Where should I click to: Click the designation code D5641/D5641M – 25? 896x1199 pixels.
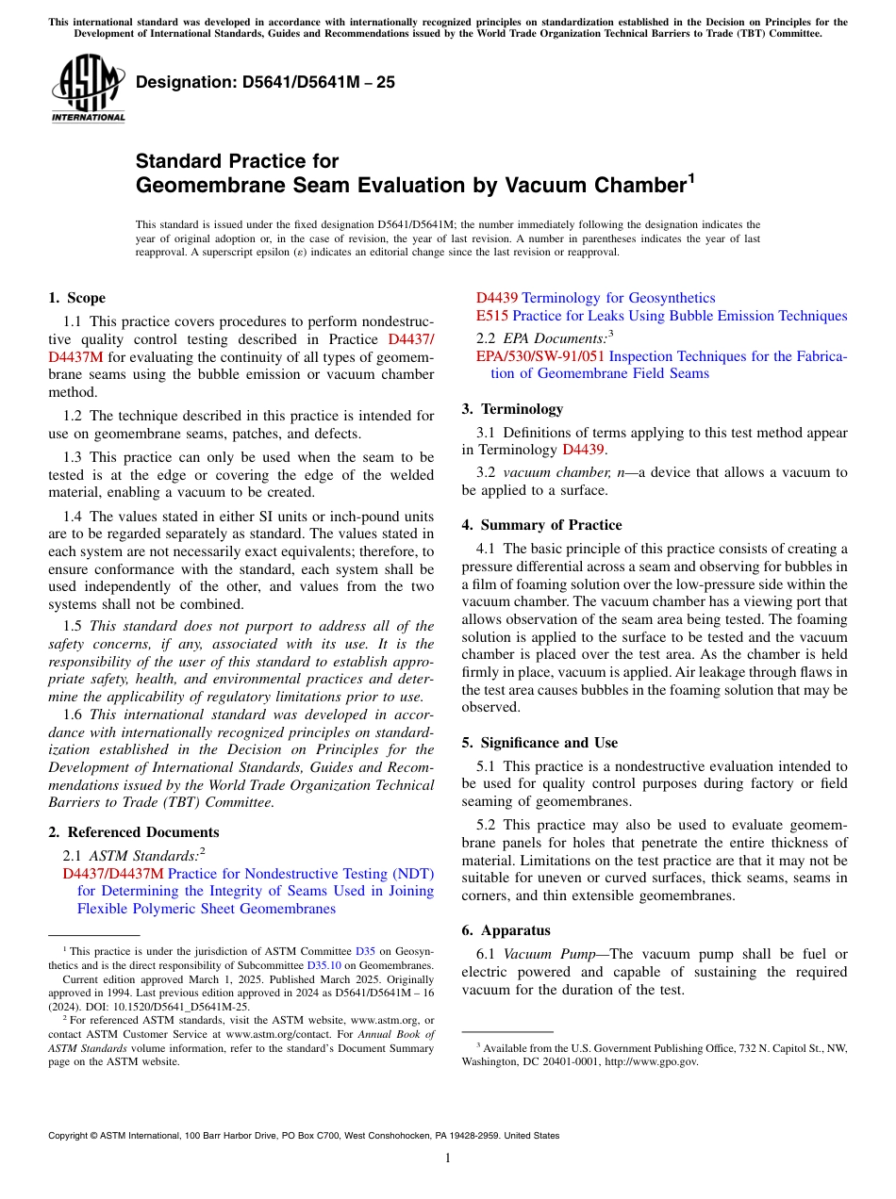pyautogui.click(x=265, y=83)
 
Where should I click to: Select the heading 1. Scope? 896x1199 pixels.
pyautogui.click(x=76, y=298)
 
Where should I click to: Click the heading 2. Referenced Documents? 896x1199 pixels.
pyautogui.click(x=133, y=832)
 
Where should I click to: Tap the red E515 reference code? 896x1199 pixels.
pyautogui.click(x=491, y=316)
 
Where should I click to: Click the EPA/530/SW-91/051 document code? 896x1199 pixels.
pyautogui.click(x=539, y=356)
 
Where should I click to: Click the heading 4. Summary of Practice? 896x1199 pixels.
pyautogui.click(x=541, y=525)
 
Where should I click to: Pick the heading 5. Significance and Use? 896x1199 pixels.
pyautogui.click(x=539, y=743)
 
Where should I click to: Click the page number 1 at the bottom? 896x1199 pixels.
pyautogui.click(x=448, y=1158)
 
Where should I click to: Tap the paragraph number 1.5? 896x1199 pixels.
pyautogui.click(x=74, y=626)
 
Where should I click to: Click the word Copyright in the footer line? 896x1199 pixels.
pyautogui.click(x=70, y=1136)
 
